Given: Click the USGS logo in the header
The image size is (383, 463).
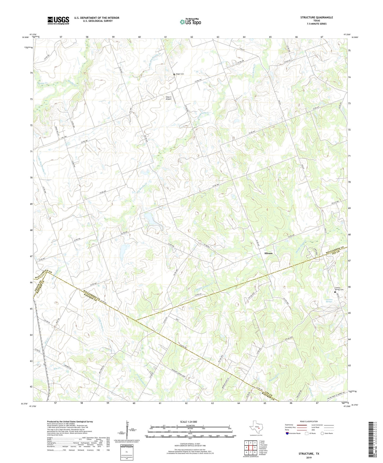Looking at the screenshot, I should click(x=58, y=20).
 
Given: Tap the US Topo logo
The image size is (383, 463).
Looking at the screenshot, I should click(x=190, y=22).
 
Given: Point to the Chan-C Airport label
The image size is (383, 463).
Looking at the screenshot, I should click(x=169, y=98).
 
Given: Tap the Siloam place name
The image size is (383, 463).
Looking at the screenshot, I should click(x=268, y=253).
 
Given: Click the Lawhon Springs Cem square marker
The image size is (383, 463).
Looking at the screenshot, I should click(x=335, y=292).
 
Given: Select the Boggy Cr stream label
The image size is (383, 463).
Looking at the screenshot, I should click(x=42, y=83).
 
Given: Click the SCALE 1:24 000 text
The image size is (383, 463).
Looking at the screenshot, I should click(x=188, y=422).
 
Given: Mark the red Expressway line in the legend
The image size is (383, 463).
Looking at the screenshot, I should click(x=303, y=425).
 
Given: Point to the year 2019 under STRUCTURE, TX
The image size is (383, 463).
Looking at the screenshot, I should click(x=309, y=457).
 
